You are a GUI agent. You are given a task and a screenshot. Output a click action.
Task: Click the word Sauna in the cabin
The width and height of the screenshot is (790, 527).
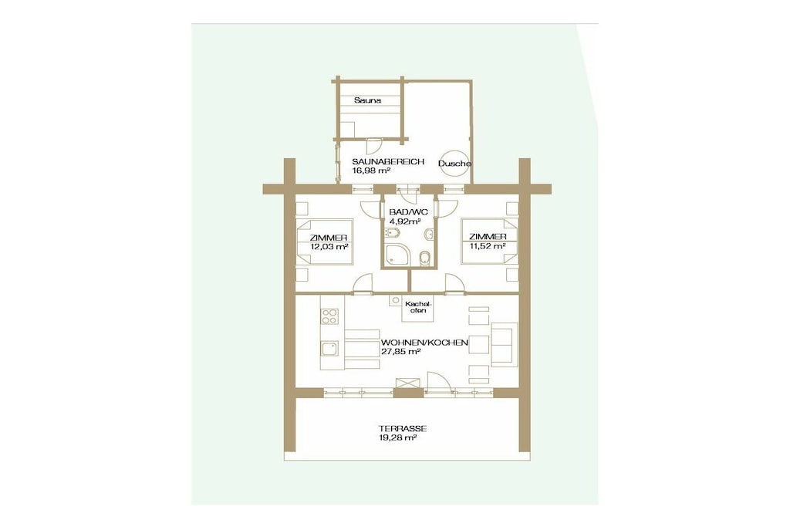point(367,100)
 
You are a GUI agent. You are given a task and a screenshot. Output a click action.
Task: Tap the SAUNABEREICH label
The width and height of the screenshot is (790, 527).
point(388,162)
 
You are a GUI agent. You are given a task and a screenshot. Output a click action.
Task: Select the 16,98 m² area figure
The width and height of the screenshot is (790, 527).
point(371,171)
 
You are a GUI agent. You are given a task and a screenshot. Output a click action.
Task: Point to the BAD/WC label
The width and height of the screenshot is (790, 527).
point(408,212)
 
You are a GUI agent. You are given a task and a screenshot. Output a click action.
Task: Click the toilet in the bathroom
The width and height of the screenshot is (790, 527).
point(425,258)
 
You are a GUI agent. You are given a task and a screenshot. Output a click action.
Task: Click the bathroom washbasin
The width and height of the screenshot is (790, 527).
point(429,235)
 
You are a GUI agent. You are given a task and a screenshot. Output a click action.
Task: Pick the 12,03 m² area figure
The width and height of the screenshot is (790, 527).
point(329,247)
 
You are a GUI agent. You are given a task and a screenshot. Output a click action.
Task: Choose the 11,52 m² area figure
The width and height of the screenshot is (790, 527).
point(488,246)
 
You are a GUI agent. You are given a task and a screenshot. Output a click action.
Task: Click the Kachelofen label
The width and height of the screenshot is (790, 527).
point(417,307)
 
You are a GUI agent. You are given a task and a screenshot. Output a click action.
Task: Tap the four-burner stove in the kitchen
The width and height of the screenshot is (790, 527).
point(330,316)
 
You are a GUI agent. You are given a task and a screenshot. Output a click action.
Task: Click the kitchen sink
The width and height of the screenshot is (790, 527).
point(330,349)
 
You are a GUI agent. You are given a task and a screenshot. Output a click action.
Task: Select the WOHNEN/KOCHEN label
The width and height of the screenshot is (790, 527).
point(424,343)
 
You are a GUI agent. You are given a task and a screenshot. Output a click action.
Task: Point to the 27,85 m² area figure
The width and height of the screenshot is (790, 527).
point(400,352)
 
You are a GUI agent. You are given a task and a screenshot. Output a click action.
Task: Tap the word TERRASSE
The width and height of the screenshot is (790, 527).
point(403,429)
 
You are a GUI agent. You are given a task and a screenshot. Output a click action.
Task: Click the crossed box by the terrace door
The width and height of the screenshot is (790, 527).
point(407,383)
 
